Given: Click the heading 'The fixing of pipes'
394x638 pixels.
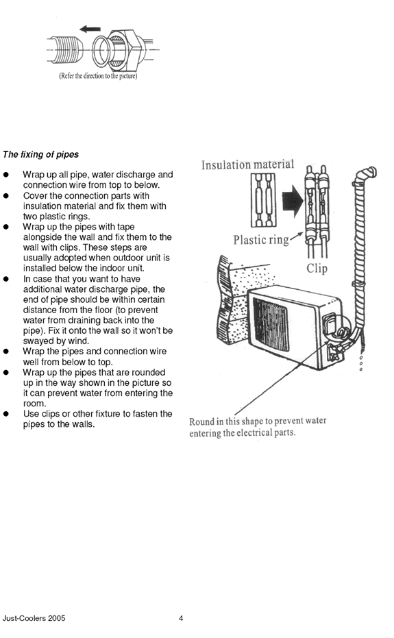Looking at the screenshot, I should (40, 154).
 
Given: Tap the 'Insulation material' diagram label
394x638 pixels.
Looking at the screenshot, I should (247, 164).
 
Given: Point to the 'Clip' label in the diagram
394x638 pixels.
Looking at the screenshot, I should (317, 268).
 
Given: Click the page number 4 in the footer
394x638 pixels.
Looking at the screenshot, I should (181, 618).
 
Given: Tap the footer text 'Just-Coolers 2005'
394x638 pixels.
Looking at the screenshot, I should (34, 618).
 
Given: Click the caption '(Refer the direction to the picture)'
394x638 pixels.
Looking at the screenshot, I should (97, 76).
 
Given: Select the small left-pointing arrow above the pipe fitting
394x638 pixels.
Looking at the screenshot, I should (90, 29).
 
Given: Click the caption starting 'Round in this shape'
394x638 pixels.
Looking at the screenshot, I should (258, 427).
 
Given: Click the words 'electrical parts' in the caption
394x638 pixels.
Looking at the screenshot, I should (264, 433).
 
